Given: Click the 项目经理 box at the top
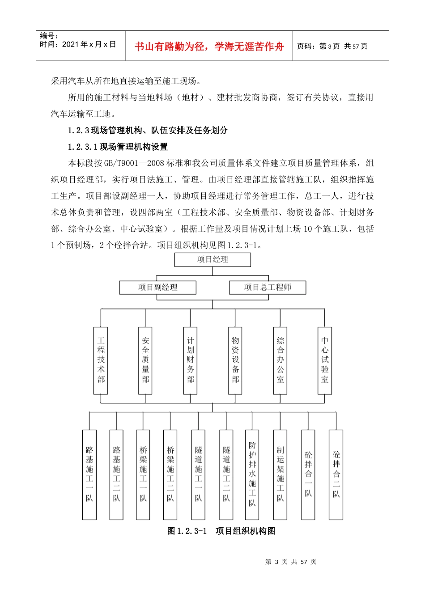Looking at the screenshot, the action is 212,260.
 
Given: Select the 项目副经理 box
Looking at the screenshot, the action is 157,288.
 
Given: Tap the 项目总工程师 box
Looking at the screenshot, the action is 268,288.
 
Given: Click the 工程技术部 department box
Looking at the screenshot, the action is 101,360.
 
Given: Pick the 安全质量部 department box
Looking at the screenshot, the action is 145,360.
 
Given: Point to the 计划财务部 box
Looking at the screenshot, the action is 191,360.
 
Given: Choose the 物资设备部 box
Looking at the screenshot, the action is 235,360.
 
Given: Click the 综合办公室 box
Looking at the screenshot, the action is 280,360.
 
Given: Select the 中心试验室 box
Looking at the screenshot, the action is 325,360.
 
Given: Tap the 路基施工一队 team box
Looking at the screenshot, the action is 89,474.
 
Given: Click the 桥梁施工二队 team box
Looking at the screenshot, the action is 170,474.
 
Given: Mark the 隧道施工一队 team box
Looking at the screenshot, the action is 198,474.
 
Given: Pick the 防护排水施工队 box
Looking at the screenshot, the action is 252,474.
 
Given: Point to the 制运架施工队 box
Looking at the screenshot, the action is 280,474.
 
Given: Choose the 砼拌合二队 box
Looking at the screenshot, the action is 336,474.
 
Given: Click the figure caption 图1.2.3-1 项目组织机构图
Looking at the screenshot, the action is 221,531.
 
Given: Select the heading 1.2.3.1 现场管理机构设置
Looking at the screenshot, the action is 118,147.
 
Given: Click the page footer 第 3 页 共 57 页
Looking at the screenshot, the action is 291,562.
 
